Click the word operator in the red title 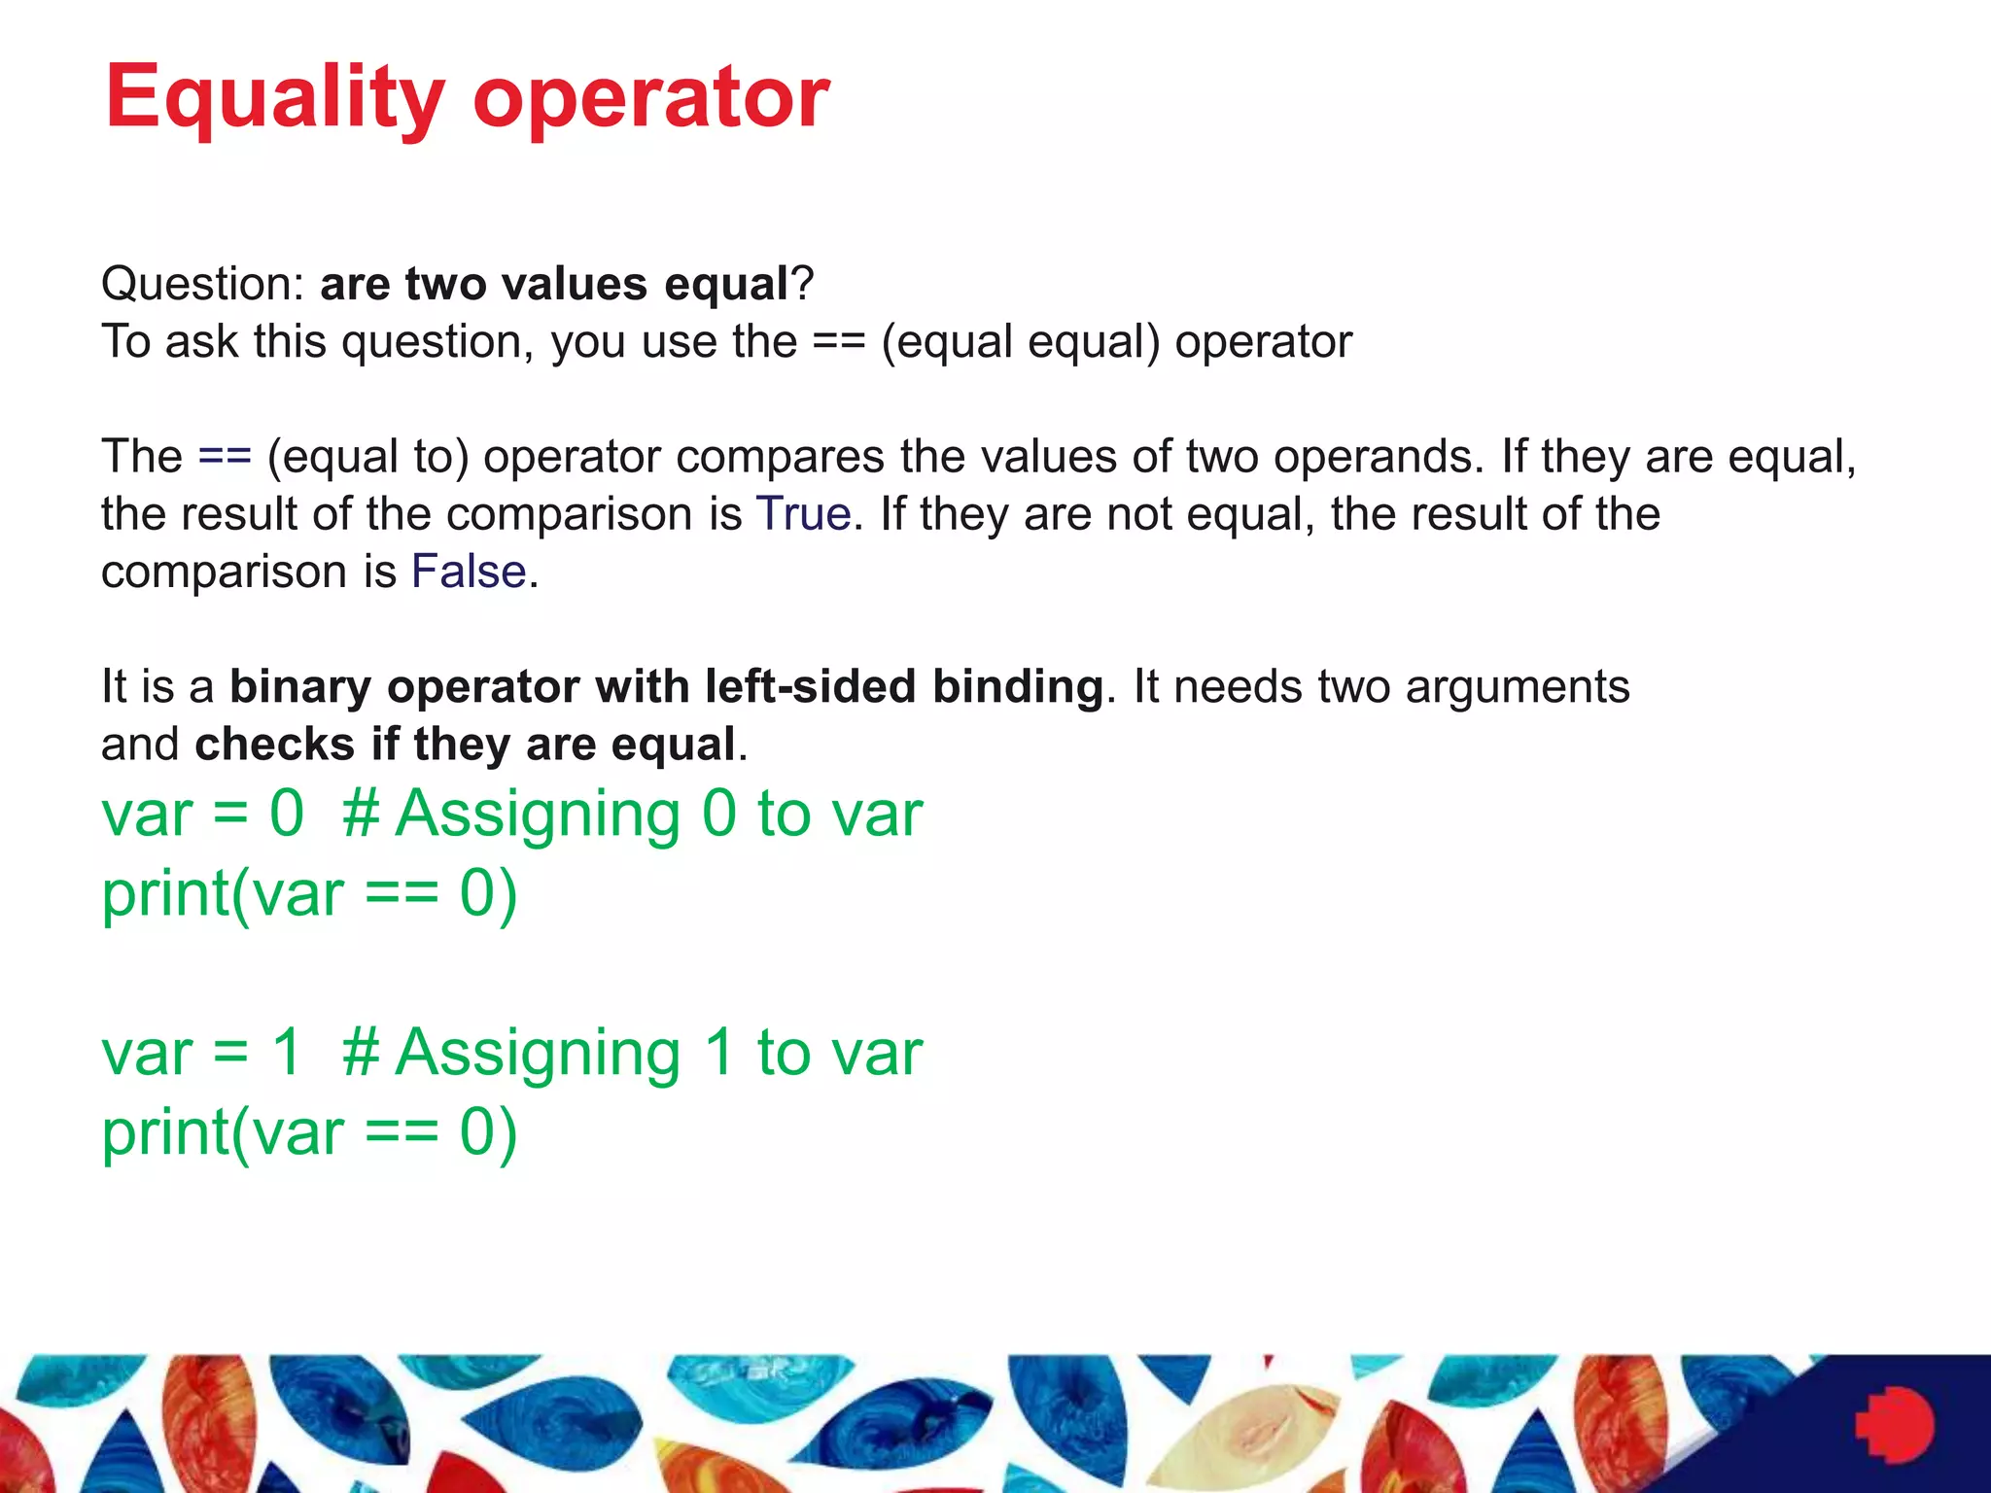[650, 97]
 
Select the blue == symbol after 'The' [225, 456]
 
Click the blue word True [803, 513]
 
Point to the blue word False [469, 572]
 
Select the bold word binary [299, 686]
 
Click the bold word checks [274, 745]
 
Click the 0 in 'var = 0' [287, 814]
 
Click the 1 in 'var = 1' [287, 1052]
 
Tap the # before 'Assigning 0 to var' [361, 814]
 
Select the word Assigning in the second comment [539, 1054]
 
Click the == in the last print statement [402, 1133]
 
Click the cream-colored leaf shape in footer [1254, 1429]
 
